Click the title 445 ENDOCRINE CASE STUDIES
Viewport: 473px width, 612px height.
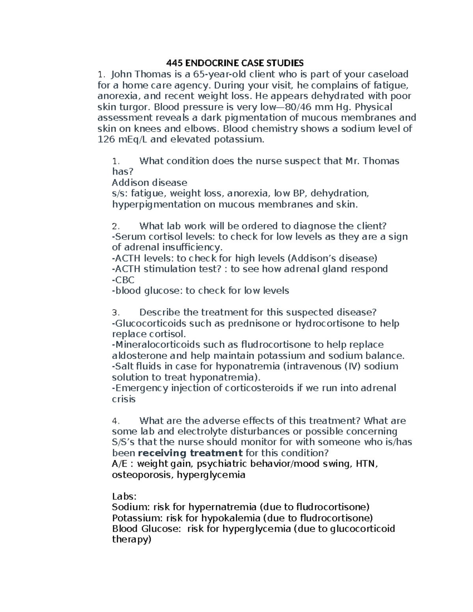click(235, 63)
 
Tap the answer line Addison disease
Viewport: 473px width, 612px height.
click(149, 182)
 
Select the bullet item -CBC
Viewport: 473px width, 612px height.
click(123, 280)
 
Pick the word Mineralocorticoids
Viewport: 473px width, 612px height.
click(156, 345)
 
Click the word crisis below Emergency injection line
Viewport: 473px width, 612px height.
click(124, 399)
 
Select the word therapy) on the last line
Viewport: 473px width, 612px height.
click(132, 539)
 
